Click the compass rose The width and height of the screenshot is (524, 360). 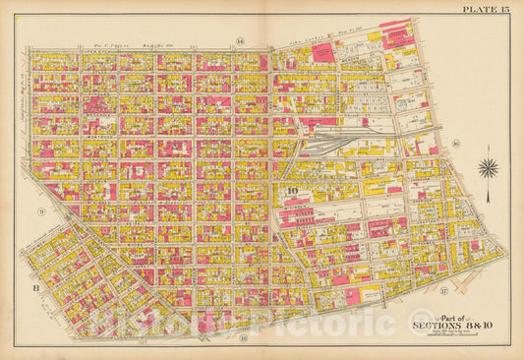point(488,167)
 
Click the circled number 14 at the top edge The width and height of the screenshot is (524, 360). point(239,40)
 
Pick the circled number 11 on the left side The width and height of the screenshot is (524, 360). point(40,211)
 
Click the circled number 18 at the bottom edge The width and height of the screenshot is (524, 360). point(241,337)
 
